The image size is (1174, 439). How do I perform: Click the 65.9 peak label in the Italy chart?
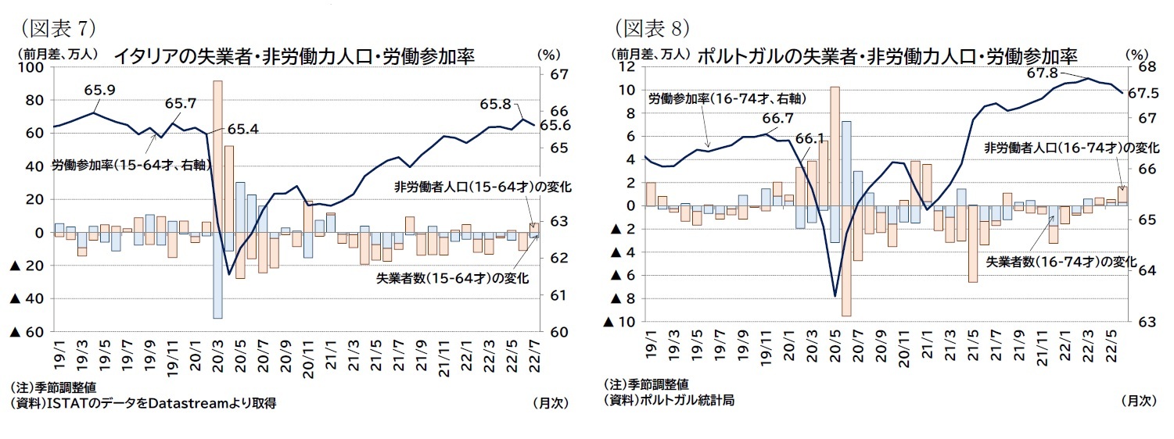click(99, 91)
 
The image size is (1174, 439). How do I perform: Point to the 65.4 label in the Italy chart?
click(243, 130)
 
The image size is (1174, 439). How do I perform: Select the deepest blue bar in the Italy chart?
click(217, 275)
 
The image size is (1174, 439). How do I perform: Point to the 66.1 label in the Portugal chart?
click(810, 138)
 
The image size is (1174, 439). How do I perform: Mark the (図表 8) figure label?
click(652, 29)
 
